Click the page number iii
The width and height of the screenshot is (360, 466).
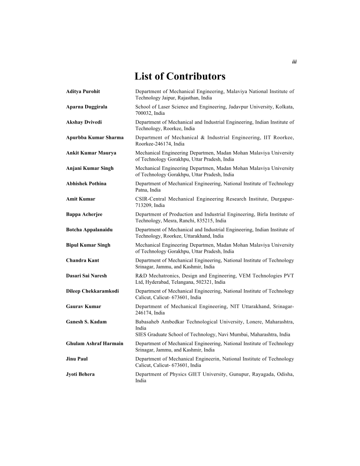(294, 62)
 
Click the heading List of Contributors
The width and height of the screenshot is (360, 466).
(180, 76)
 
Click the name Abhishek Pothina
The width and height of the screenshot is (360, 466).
(86, 183)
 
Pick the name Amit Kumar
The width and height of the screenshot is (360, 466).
(80, 199)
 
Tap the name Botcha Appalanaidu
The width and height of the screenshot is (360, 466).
(88, 229)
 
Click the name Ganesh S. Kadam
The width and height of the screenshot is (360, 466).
(86, 322)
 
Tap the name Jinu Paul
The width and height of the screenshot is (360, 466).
(77, 359)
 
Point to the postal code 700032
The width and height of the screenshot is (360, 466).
(144, 113)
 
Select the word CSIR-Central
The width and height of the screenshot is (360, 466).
(150, 199)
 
